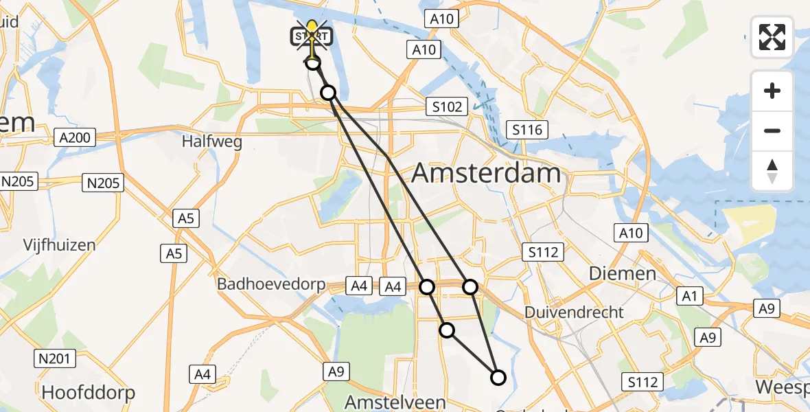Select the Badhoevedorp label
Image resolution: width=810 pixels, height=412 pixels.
pos(270,284)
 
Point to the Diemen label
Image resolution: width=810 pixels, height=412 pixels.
pos(622,273)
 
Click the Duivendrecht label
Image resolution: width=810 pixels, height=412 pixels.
pos(574,312)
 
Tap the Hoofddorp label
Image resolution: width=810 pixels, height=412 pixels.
pos(88,393)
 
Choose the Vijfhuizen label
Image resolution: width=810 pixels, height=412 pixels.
pos(59,244)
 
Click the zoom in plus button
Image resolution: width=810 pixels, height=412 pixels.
pos(772,91)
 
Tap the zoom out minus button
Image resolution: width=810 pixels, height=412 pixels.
pos(772,130)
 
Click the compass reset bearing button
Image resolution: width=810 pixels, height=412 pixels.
pos(772,170)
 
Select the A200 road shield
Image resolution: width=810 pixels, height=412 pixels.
pos(74,137)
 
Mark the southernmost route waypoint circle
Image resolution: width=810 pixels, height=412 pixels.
pos(498,377)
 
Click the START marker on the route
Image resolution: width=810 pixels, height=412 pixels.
pos(313,36)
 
